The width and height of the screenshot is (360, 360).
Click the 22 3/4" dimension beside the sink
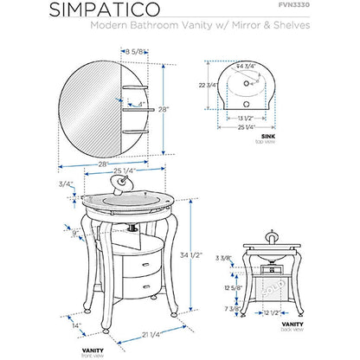(206, 85)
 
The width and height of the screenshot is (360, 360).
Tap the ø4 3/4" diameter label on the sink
(250, 66)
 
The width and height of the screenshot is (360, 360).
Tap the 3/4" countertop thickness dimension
(65, 183)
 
